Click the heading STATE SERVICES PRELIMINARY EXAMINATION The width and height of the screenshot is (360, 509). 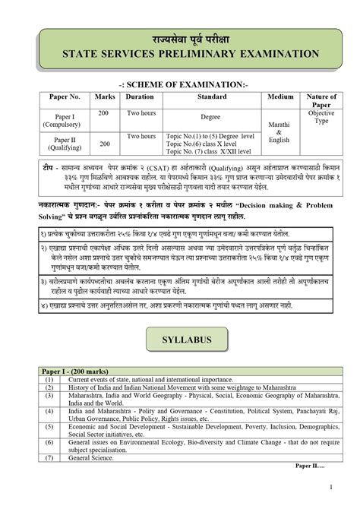[180, 55]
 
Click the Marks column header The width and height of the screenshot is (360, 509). [105, 97]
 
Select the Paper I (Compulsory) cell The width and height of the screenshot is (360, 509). [64, 120]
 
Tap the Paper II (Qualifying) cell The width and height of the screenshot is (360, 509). [64, 144]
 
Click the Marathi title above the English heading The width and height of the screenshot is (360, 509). [180, 37]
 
